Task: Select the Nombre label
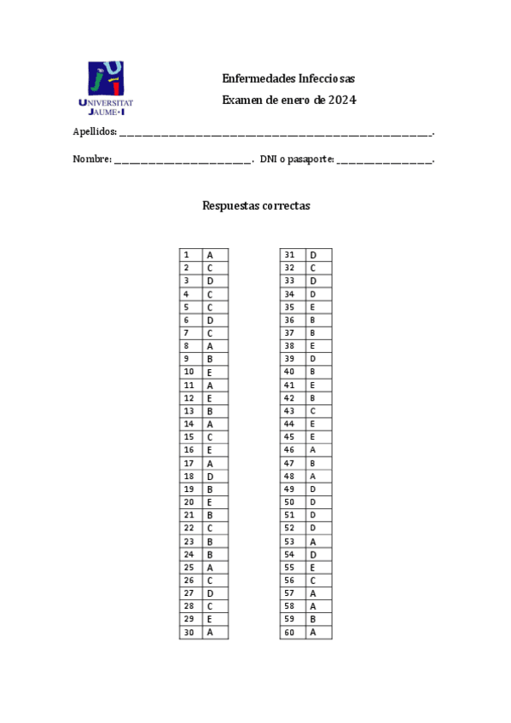[x=91, y=159]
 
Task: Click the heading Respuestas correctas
[x=256, y=205]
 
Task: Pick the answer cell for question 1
[x=215, y=255]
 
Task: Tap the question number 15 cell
[x=190, y=437]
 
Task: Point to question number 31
[x=290, y=255]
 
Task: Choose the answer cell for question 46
[x=317, y=450]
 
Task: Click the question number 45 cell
[x=290, y=437]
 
